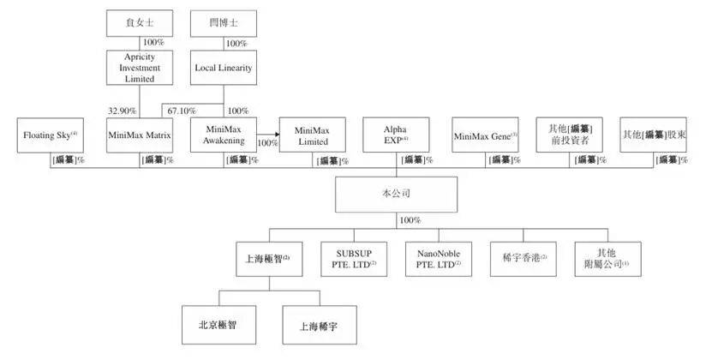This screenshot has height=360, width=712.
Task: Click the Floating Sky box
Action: (x=51, y=135)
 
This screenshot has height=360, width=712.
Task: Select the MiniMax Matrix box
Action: (x=140, y=135)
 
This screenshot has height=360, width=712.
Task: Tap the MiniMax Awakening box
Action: (x=224, y=135)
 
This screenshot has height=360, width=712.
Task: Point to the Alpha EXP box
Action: (x=396, y=135)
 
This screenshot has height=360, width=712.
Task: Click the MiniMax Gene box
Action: (x=486, y=135)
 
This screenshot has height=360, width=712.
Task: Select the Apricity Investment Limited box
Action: (x=140, y=66)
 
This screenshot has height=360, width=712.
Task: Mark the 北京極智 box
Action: (x=218, y=326)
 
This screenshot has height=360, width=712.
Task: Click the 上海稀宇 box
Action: (x=318, y=326)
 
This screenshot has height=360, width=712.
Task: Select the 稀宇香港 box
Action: (x=519, y=256)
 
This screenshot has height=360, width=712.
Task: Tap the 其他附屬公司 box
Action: (x=607, y=256)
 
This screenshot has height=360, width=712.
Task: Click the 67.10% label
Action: (x=182, y=111)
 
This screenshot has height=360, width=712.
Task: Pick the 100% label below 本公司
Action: (x=410, y=220)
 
